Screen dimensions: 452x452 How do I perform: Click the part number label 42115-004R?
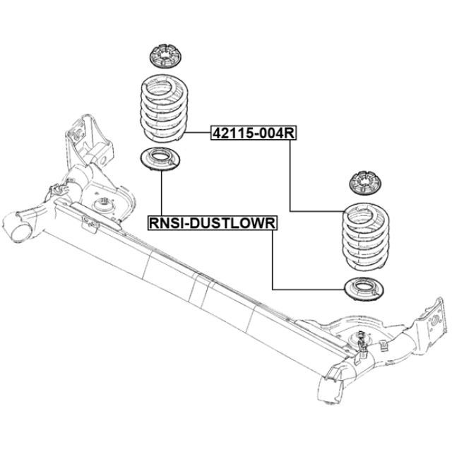(x=254, y=133)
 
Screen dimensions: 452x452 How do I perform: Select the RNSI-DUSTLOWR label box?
(x=213, y=223)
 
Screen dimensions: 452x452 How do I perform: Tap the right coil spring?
(x=366, y=237)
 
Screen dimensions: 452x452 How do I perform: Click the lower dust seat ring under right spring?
(x=364, y=289)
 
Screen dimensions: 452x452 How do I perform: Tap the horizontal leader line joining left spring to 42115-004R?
(x=198, y=133)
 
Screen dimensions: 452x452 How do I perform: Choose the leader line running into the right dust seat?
(x=309, y=289)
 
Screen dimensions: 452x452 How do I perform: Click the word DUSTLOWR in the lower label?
(x=234, y=223)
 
